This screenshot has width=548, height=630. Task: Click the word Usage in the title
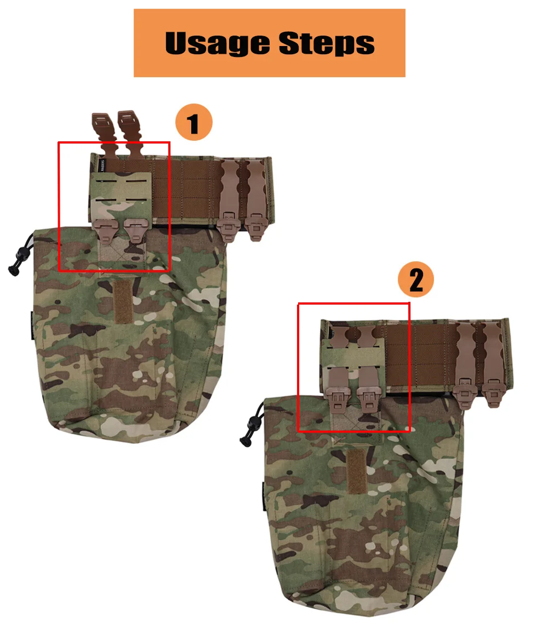[216, 43]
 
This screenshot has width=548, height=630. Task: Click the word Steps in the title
[327, 43]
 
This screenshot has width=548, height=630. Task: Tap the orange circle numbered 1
[194, 122]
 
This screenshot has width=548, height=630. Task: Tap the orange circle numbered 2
[416, 279]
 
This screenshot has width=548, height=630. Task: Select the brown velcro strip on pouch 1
[123, 301]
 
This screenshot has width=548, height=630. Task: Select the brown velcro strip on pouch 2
[356, 471]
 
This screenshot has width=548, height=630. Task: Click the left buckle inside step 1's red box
[106, 230]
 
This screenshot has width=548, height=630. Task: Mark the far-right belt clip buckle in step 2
[493, 392]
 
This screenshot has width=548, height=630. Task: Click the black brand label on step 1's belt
[102, 165]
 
